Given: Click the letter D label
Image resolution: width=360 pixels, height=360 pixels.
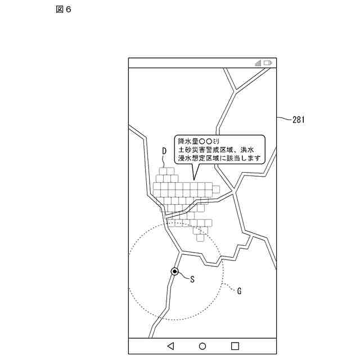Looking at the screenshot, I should click(164, 151).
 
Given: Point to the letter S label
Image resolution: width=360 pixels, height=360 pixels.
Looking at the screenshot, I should click(192, 278).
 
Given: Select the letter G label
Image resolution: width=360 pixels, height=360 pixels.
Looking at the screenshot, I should click(239, 291).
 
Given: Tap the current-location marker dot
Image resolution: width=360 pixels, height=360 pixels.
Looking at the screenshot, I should click(175, 272).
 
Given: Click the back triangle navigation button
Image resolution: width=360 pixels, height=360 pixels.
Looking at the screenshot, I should click(170, 346).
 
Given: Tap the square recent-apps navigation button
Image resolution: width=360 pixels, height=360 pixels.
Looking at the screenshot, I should click(235, 346).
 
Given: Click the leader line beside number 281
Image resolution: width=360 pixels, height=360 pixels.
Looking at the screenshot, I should click(285, 119).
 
